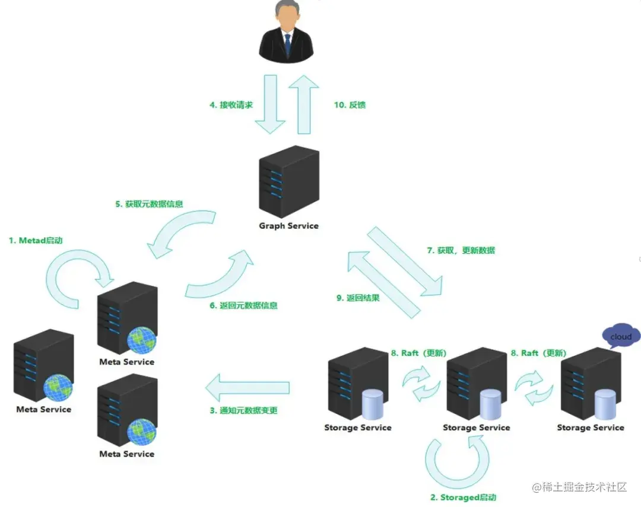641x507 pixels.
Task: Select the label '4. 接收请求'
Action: [231, 105]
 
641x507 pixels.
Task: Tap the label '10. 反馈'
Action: [350, 105]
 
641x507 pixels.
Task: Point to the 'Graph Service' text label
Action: [288, 226]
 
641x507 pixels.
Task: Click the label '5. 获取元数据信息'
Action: [149, 204]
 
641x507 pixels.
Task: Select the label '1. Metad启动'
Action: [36, 241]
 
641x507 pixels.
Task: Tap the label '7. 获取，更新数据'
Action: [461, 250]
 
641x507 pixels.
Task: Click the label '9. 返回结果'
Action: [358, 298]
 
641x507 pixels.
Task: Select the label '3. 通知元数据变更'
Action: [243, 410]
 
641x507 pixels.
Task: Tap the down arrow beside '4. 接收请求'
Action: [271, 105]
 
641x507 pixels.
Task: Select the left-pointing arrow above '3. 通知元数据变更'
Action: [247, 388]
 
